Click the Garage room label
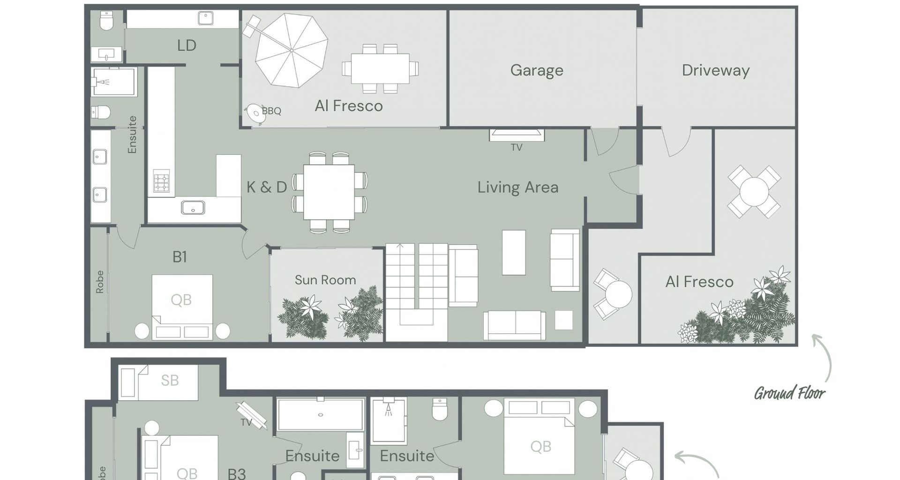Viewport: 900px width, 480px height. click(537, 70)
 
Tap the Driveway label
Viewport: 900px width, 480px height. click(716, 70)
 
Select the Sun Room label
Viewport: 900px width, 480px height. click(325, 280)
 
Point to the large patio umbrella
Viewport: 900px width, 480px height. click(292, 50)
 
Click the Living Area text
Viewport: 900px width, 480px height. click(518, 187)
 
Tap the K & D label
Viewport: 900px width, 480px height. click(267, 187)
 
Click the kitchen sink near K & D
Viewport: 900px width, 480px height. click(193, 207)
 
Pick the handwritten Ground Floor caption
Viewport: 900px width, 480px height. click(790, 393)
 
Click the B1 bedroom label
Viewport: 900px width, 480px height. click(180, 257)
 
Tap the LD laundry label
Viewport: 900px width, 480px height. click(187, 45)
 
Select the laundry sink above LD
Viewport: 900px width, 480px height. click(206, 18)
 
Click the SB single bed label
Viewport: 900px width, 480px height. click(170, 380)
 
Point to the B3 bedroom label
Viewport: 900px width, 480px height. click(237, 473)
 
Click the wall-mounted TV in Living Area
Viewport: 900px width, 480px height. click(517, 135)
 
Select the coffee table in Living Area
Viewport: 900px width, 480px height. click(514, 252)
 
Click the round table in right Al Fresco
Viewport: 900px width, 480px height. click(754, 191)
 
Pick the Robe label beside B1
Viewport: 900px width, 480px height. click(99, 282)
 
